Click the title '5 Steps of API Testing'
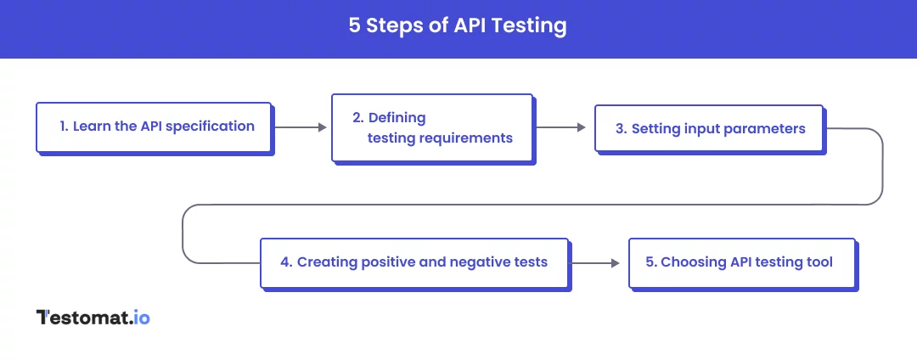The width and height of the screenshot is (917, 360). (x=458, y=25)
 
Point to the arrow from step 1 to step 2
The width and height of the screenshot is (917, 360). (x=301, y=127)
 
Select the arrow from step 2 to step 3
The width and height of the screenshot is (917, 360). (x=561, y=127)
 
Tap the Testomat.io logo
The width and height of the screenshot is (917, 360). (x=93, y=318)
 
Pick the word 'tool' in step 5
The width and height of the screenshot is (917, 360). (x=819, y=262)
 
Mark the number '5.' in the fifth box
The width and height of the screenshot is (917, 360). (x=651, y=262)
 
